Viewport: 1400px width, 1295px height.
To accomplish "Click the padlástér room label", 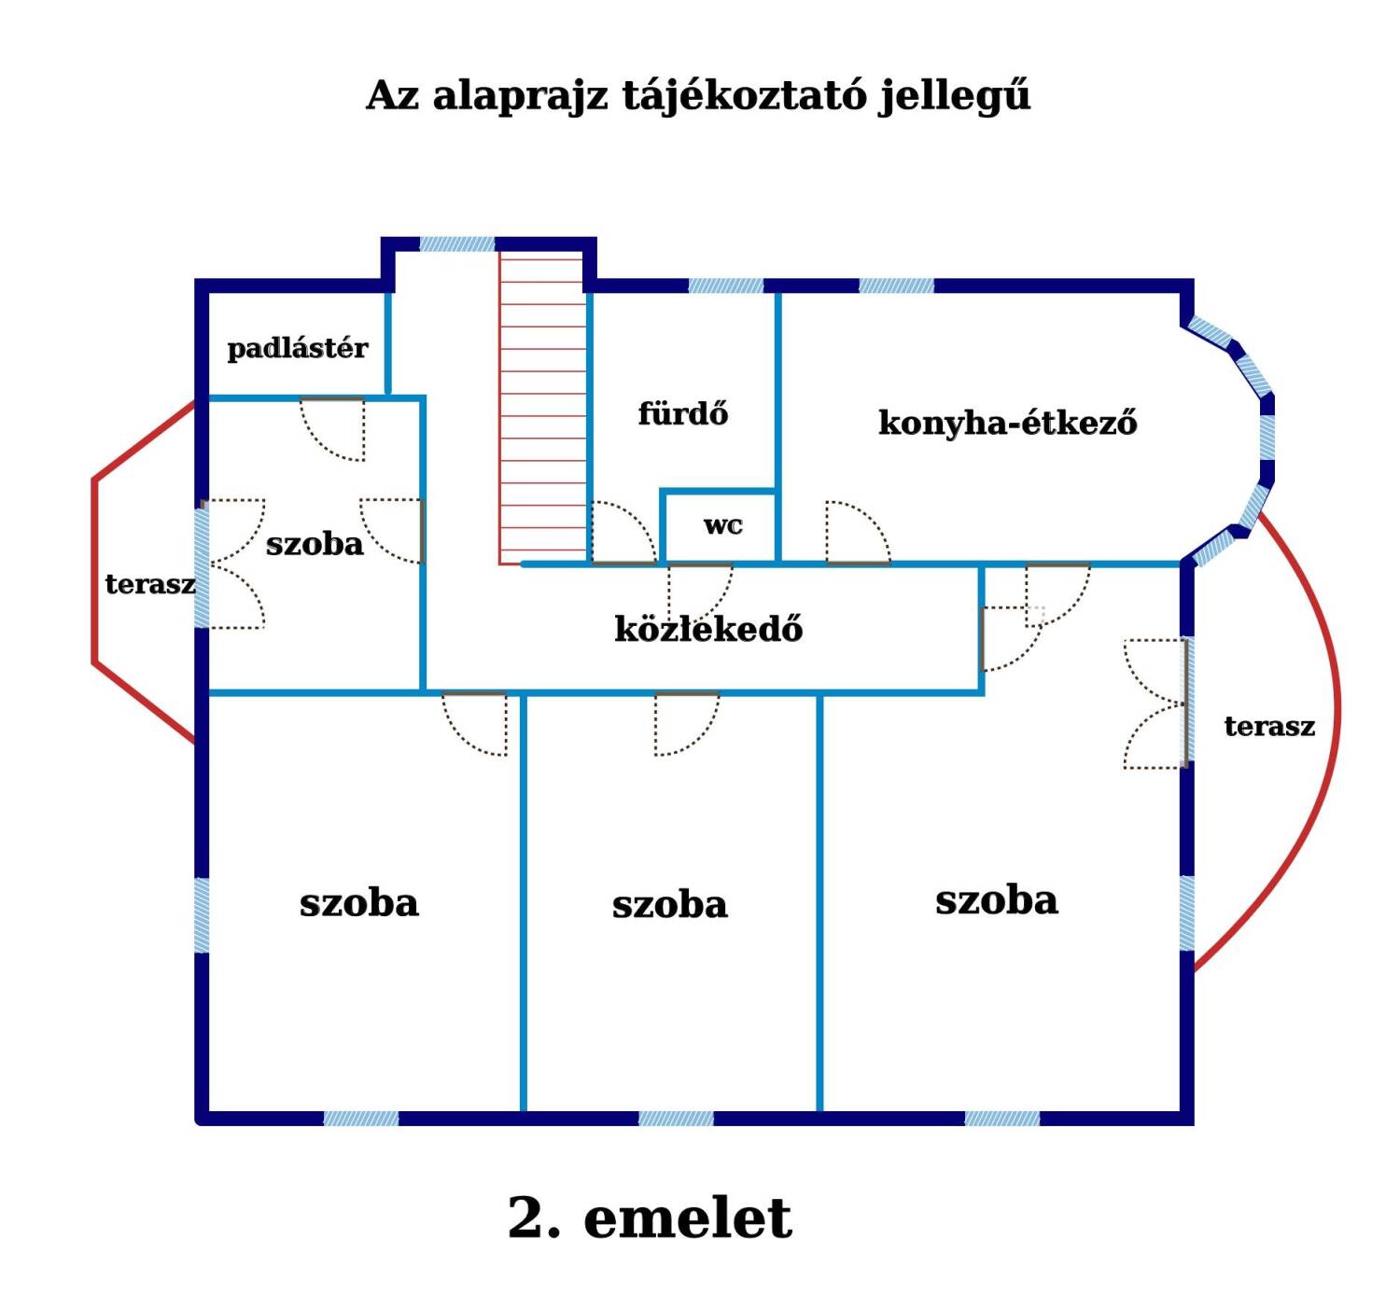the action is (x=298, y=349).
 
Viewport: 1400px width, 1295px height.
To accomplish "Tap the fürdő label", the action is (x=682, y=413).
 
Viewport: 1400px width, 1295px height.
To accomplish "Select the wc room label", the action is (x=723, y=526).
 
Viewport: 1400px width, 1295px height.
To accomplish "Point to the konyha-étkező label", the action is (x=1007, y=423).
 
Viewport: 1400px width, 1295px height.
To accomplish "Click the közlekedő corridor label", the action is (x=708, y=629).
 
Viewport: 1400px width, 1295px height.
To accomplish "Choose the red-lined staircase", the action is (x=543, y=408).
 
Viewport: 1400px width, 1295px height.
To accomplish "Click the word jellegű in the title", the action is (x=955, y=96).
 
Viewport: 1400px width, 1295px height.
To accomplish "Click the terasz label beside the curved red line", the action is (x=1269, y=727).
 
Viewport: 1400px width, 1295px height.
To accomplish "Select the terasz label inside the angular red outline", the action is (x=150, y=584).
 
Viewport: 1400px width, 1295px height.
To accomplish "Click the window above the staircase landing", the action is (x=456, y=244).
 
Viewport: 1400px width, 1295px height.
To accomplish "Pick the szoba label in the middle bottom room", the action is (x=670, y=905).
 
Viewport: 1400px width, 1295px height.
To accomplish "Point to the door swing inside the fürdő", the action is (x=624, y=533).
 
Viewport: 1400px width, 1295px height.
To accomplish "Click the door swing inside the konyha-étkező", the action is (x=858, y=533).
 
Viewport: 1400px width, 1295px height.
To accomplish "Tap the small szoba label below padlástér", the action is (x=315, y=544).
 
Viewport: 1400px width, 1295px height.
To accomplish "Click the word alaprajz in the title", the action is (x=520, y=97).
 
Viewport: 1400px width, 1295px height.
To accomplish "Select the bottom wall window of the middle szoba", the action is (x=676, y=1119).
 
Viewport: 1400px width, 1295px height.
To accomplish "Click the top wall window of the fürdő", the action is (x=726, y=285).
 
